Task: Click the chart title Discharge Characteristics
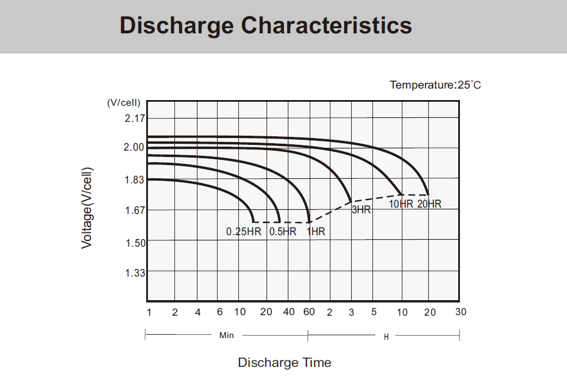pyautogui.click(x=265, y=26)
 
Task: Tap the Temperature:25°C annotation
pyautogui.click(x=435, y=85)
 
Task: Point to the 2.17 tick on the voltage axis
pyautogui.click(x=135, y=118)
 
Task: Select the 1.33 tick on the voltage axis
pyautogui.click(x=135, y=273)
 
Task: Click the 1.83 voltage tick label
pyautogui.click(x=135, y=179)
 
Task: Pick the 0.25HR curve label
pyautogui.click(x=244, y=232)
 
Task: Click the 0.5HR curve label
pyautogui.click(x=283, y=232)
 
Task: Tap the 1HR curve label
pyautogui.click(x=316, y=232)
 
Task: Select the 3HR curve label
pyautogui.click(x=361, y=210)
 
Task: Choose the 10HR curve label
pyautogui.click(x=401, y=204)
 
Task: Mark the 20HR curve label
pyautogui.click(x=429, y=204)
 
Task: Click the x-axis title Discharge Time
pyautogui.click(x=284, y=363)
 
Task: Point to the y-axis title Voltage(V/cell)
pyautogui.click(x=86, y=208)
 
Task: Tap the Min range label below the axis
pyautogui.click(x=227, y=335)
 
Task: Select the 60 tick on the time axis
pyautogui.click(x=309, y=312)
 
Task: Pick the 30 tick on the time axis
pyautogui.click(x=461, y=312)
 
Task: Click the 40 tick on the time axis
pyautogui.click(x=290, y=312)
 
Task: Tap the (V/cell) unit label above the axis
pyautogui.click(x=123, y=102)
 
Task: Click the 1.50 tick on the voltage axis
pyautogui.click(x=135, y=243)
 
